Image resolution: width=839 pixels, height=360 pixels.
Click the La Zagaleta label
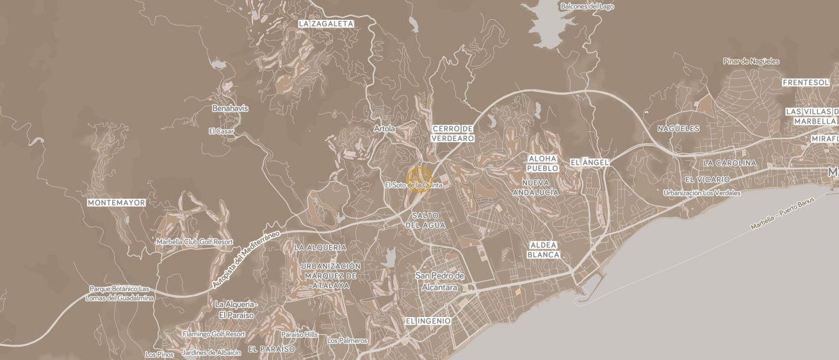tap(326, 24)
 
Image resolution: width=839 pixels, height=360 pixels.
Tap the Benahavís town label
tap(230, 108)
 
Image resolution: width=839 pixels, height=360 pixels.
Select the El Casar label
tap(221, 131)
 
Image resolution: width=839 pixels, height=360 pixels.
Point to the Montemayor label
tap(117, 202)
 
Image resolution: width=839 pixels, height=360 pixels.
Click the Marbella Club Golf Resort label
tap(195, 242)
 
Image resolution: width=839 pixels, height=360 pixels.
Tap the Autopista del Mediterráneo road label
tap(246, 259)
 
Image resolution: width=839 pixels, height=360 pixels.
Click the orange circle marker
tap(419, 179)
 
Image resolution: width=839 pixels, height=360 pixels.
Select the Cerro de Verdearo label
tap(453, 133)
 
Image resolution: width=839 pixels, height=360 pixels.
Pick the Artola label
tap(384, 129)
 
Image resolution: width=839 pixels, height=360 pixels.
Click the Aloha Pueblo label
tap(542, 163)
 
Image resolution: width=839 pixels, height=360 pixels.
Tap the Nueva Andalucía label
tap(535, 187)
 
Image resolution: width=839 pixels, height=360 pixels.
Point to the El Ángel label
tap(589, 163)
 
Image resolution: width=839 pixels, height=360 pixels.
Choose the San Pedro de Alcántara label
tap(439, 282)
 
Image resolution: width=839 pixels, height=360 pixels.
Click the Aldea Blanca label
tap(543, 250)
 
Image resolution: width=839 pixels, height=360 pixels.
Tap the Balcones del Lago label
tap(587, 6)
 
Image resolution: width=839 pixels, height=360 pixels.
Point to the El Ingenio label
tap(428, 320)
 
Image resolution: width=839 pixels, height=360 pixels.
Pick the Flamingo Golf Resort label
tap(214, 334)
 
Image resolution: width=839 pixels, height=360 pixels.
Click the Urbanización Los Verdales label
tap(702, 193)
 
